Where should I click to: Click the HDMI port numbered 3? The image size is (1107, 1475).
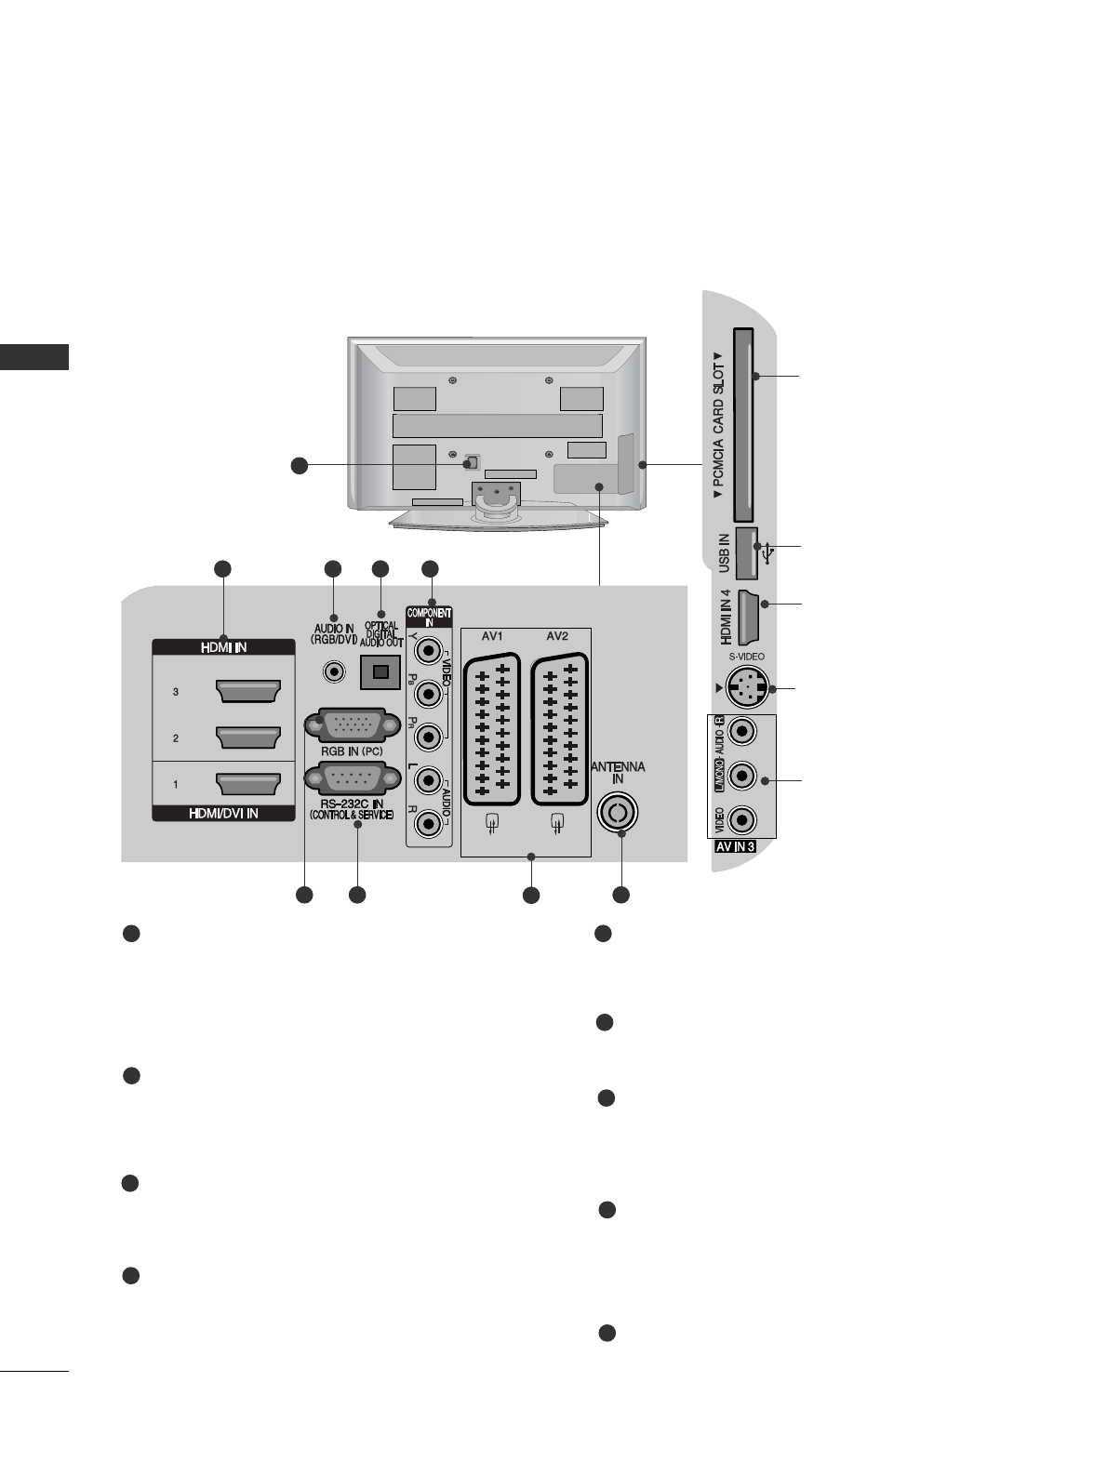tap(247, 692)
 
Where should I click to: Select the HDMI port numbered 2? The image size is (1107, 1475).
tap(247, 737)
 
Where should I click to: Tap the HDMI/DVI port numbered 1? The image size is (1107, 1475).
tap(247, 784)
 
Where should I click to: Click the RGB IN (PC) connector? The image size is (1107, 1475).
tap(344, 725)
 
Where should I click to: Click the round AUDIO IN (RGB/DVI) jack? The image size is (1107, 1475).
tap(332, 670)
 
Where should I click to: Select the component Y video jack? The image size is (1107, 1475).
tap(428, 650)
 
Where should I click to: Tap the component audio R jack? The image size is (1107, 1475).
tap(428, 822)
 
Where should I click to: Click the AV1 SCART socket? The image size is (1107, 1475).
tap(491, 728)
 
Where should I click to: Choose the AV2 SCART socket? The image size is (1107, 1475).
tap(558, 728)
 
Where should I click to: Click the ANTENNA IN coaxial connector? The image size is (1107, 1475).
tap(617, 813)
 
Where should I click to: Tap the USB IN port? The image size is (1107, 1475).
tap(746, 553)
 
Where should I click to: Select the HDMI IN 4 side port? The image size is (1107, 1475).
tap(749, 617)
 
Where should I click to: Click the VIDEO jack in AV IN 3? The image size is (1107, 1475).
tap(741, 819)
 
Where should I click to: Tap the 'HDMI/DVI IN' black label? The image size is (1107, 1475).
tap(223, 813)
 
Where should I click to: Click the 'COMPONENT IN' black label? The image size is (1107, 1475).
tap(429, 618)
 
